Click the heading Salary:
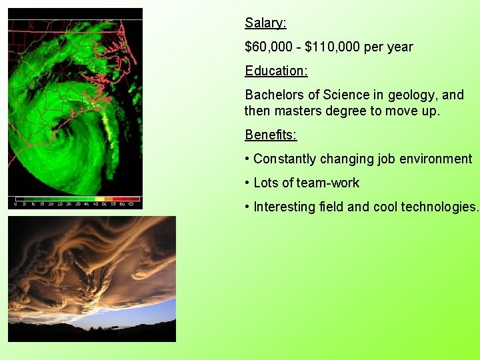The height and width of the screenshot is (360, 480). [x=265, y=23]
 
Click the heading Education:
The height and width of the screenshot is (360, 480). [x=276, y=71]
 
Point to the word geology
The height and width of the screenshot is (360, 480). [x=408, y=95]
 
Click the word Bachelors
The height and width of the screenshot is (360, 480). [x=275, y=95]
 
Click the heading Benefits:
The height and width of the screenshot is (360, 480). [x=271, y=135]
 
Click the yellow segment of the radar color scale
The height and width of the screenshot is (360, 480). [x=101, y=199]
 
